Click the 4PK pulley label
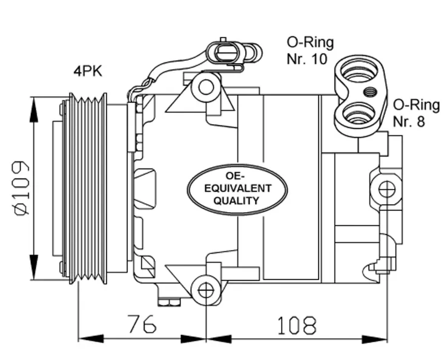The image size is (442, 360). click(88, 71)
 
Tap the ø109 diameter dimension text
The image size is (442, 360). click(21, 188)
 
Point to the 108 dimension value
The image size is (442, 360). click(297, 325)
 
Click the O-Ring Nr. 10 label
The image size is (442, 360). click(310, 51)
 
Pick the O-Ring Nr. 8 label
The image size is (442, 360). click(416, 113)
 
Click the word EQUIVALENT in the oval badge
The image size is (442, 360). click(237, 188)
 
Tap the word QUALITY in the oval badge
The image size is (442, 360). click(236, 201)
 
